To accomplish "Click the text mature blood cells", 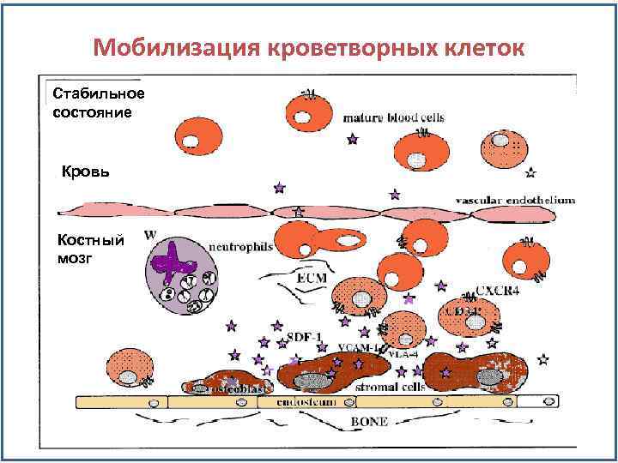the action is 383,117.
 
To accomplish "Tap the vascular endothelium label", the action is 514,200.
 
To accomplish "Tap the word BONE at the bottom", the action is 369,421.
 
